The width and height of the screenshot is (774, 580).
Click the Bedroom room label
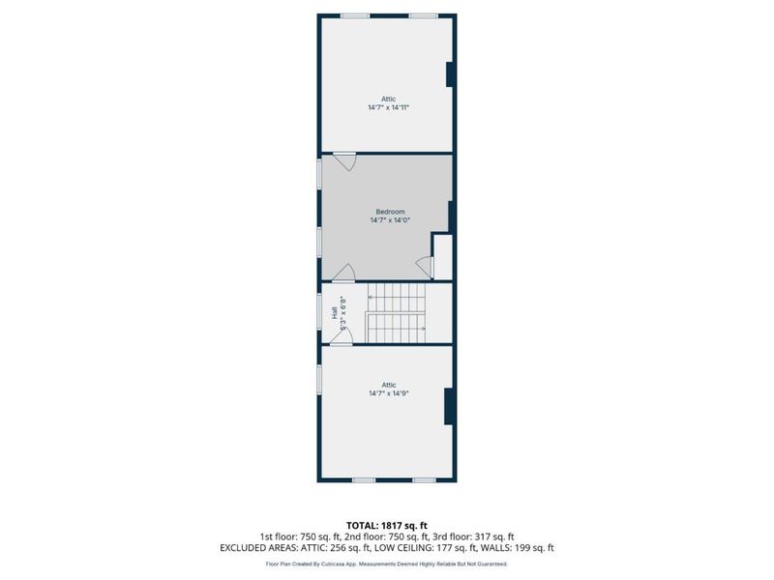click(x=390, y=212)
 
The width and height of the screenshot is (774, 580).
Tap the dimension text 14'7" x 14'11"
click(x=388, y=107)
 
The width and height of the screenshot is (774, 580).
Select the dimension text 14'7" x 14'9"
click(x=388, y=393)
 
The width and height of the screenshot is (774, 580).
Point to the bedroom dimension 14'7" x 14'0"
click(x=390, y=220)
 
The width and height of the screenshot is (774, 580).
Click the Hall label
click(x=334, y=312)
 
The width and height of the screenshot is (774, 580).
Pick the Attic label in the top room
click(x=388, y=99)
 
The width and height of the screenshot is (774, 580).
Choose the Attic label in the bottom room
click(x=388, y=385)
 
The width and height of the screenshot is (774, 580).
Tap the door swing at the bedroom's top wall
click(x=345, y=161)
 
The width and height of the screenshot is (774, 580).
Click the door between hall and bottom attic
click(x=342, y=335)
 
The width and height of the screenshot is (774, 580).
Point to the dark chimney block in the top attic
click(x=450, y=75)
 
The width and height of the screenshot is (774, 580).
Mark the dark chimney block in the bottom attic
click(x=449, y=406)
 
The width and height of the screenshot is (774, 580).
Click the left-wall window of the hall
click(x=320, y=311)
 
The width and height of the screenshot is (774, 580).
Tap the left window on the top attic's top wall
click(x=355, y=14)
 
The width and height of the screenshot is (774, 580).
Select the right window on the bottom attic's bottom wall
click(x=424, y=479)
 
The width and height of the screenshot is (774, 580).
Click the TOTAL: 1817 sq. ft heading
click(x=387, y=525)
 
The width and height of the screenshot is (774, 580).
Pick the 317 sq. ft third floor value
click(x=496, y=536)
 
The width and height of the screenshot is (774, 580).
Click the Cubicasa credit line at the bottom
click(x=387, y=564)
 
